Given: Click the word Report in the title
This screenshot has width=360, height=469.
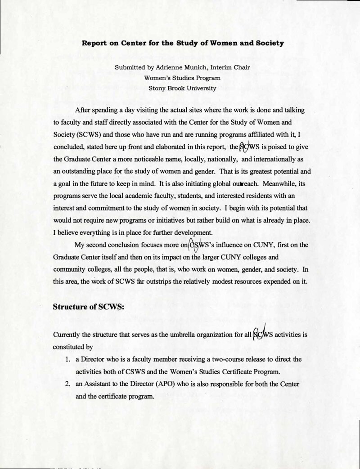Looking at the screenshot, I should pyautogui.click(x=93, y=44).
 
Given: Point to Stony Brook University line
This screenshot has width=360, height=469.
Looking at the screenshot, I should pyautogui.click(x=180, y=88).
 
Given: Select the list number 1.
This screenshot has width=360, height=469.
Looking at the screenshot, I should pyautogui.click(x=66, y=360).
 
